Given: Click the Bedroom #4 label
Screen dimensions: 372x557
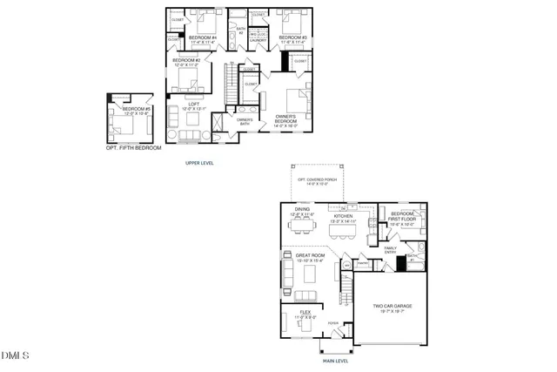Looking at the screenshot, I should pos(202,39).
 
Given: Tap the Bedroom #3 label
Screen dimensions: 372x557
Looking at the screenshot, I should pos(293,39).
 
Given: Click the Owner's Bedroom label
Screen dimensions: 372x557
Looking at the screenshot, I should pos(286,120).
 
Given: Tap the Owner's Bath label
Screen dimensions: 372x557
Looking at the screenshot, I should pos(244,122).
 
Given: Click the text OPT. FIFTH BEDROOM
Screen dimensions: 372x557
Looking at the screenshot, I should pos(130,148).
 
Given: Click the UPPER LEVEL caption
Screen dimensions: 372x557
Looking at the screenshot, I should pos(200,163).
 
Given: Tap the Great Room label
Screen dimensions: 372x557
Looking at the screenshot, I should pos(309,258).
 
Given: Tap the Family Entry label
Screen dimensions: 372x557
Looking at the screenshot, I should pos(389,249).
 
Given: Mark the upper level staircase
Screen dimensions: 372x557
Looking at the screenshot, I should pos(231,85).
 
